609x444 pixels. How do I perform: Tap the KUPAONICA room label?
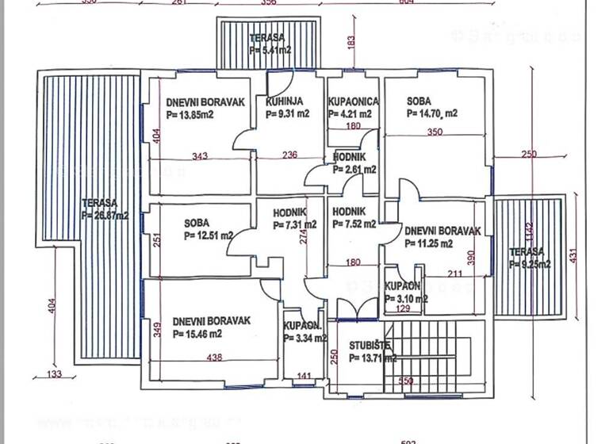353,101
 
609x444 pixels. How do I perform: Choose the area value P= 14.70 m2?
432,114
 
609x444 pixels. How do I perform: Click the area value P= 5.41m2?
268,50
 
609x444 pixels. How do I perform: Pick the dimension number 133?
54,374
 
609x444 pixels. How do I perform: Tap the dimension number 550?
405,381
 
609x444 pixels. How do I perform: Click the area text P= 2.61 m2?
354,170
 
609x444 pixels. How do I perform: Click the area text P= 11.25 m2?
428,244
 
